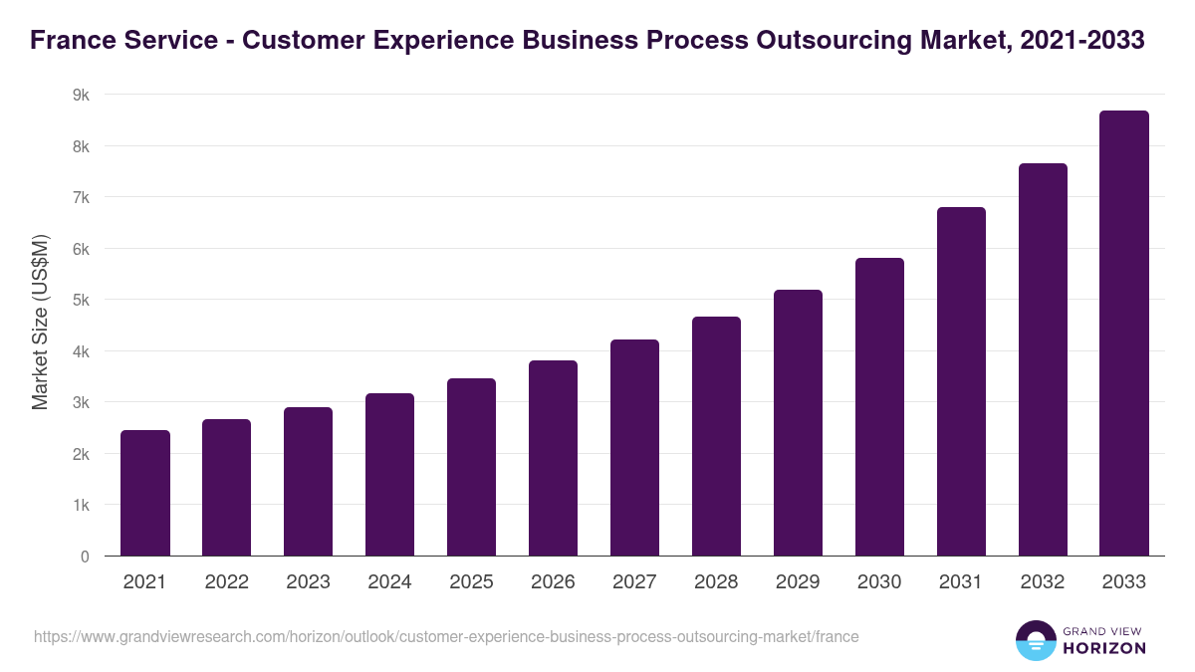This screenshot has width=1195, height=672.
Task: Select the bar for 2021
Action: coord(145,493)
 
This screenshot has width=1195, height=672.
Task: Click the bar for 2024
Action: coord(389,474)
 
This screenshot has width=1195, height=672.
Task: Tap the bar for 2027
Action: coord(634,447)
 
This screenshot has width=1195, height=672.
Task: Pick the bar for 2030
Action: coord(879,406)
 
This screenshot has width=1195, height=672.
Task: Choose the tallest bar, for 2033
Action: coord(1124,333)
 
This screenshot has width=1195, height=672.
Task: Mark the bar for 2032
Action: coord(1043,359)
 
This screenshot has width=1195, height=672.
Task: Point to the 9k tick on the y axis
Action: coord(80,95)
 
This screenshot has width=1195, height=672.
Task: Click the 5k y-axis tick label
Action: coord(80,300)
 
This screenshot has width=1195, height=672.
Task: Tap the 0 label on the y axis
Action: coord(85,557)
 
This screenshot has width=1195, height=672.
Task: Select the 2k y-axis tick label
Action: coord(80,454)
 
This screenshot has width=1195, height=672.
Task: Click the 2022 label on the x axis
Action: coord(226,582)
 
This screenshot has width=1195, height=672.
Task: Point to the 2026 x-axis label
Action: coord(553,582)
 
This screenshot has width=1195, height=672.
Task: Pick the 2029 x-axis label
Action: coord(798,582)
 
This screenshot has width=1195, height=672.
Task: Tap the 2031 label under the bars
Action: coord(961,582)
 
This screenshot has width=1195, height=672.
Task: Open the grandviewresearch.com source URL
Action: coord(446,636)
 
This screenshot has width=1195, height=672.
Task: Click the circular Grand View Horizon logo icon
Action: coord(1036,640)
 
